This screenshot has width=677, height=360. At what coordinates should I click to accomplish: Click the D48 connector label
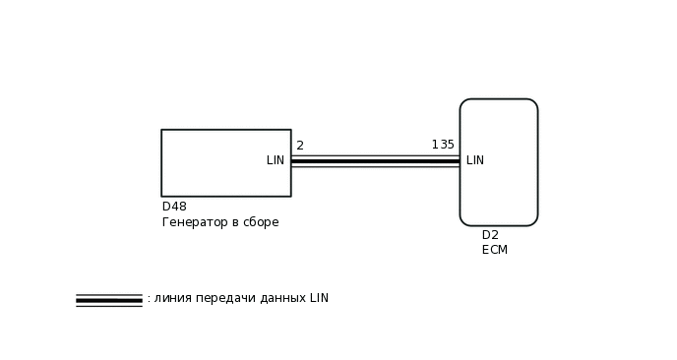(174, 207)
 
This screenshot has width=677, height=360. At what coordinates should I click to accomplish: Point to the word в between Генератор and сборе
(236, 222)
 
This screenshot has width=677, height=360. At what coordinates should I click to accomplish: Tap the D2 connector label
(490, 235)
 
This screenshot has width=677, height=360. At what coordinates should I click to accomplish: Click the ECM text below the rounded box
(495, 250)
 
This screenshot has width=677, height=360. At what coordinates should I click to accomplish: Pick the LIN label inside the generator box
(276, 160)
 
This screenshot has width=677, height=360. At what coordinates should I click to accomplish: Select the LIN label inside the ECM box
(475, 160)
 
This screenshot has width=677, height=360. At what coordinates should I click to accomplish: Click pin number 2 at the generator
(299, 146)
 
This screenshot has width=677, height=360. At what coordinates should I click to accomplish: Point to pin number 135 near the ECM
(443, 146)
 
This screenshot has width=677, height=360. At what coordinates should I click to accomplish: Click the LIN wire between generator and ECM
(374, 161)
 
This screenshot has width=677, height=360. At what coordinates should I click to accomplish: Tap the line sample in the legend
(109, 300)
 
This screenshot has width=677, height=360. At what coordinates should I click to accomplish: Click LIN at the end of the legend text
(319, 298)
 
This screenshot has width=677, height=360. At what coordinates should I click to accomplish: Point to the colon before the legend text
(149, 299)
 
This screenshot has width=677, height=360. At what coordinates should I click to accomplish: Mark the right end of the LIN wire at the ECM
(458, 161)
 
